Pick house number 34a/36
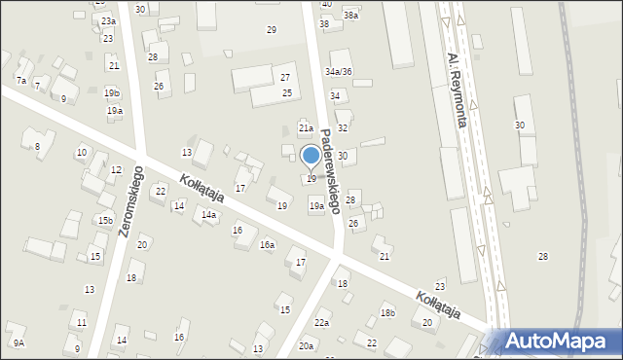[x=339, y=72]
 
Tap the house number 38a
[x=350, y=16]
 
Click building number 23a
[x=108, y=21]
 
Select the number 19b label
[x=112, y=93]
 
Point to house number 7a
[x=20, y=80]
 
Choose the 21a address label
[x=306, y=128]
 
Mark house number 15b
[x=104, y=221]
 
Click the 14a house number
[x=208, y=215]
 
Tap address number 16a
[x=267, y=245]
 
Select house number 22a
[x=321, y=323]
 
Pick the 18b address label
[x=387, y=312]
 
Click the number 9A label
[x=18, y=343]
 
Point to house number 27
[x=285, y=77]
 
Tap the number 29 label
[x=272, y=30]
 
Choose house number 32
[x=343, y=128]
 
